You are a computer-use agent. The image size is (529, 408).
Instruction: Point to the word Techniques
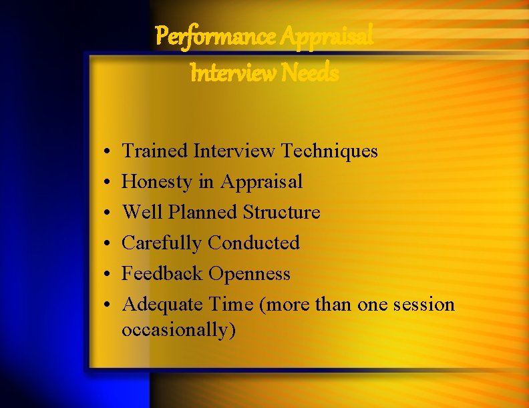[x=329, y=151]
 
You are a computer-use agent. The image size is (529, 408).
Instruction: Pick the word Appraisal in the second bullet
[x=262, y=182]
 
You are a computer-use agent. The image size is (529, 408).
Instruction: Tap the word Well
[x=142, y=213]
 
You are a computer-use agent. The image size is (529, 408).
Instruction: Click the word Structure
[x=281, y=213]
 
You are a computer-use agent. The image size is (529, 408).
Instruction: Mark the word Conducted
[x=253, y=243]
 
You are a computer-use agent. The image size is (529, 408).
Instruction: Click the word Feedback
[x=163, y=274]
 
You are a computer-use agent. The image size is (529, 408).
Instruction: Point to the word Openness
[x=250, y=274]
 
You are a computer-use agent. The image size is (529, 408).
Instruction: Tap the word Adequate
[x=163, y=305]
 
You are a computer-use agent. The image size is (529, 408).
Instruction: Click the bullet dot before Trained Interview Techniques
[x=108, y=153]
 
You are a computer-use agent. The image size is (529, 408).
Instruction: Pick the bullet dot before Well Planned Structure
[x=108, y=214]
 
